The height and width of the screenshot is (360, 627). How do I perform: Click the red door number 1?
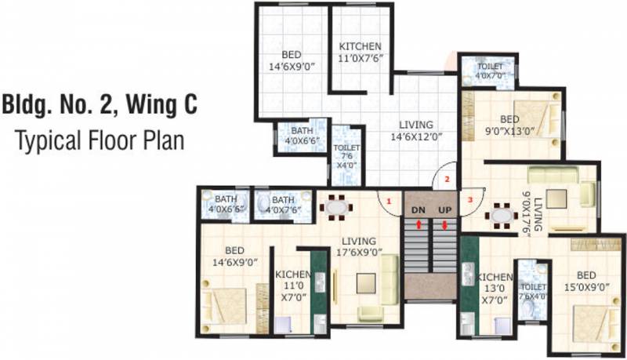coord(387,201)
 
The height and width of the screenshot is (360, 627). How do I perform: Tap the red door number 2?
coord(448,179)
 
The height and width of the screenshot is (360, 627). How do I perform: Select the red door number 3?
coord(470,199)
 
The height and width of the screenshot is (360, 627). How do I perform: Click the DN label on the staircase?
coord(419,210)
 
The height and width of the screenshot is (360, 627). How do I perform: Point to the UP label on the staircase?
coord(444,210)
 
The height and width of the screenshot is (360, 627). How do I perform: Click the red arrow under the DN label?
coord(419,224)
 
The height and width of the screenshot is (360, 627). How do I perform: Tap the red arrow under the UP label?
coord(444,225)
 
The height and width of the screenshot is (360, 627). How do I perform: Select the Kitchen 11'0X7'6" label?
coord(361,52)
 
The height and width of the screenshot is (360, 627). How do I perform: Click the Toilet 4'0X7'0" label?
coord(490,71)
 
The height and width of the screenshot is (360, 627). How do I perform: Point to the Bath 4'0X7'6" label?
coord(284,204)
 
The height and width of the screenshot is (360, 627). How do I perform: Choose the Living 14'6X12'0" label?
coord(416,130)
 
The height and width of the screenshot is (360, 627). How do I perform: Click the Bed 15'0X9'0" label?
coord(586,282)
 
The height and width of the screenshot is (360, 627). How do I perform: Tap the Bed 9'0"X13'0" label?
coord(510,125)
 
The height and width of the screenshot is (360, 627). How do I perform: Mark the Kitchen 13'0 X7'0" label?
coord(495,288)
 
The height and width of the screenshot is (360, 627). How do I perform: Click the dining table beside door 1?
coord(336,208)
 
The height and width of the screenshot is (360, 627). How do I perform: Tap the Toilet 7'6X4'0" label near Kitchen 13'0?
coord(533,292)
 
